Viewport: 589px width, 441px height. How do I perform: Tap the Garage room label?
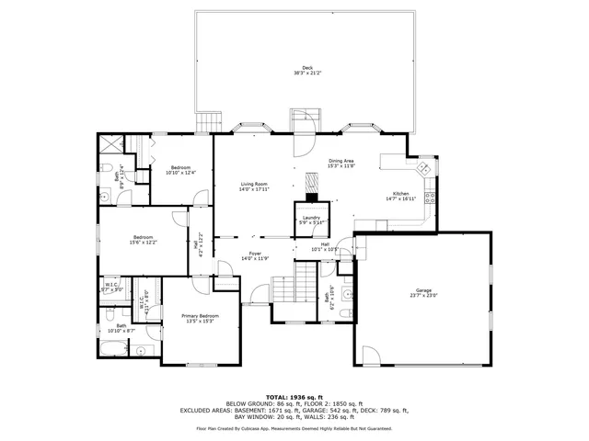[x=424, y=292]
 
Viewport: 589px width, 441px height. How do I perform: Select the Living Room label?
[x=254, y=186]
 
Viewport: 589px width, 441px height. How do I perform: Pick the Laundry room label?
[x=311, y=220]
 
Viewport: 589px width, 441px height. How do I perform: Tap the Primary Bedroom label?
[x=200, y=318]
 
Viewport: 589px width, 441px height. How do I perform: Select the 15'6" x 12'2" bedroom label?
[x=143, y=239]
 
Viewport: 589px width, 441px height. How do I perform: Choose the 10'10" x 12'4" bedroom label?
[x=180, y=170]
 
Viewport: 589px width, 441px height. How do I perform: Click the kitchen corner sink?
[x=424, y=170]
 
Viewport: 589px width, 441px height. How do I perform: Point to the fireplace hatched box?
[x=311, y=196]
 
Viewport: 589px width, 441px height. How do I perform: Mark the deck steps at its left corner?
[x=209, y=123]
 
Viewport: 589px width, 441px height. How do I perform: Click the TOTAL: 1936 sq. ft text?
[x=294, y=397]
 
